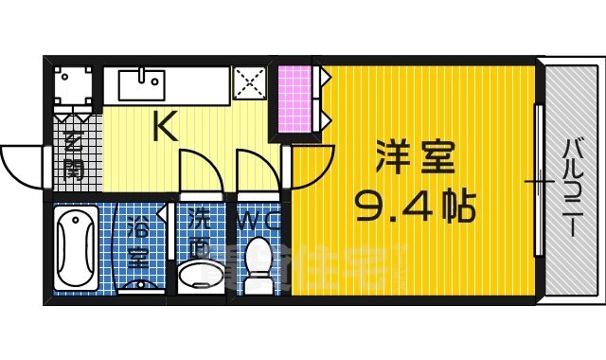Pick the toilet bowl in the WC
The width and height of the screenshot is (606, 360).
pyautogui.click(x=258, y=256)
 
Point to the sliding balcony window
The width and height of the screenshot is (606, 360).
pyautogui.click(x=539, y=180)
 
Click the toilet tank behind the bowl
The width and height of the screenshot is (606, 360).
pyautogui.click(x=258, y=283)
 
